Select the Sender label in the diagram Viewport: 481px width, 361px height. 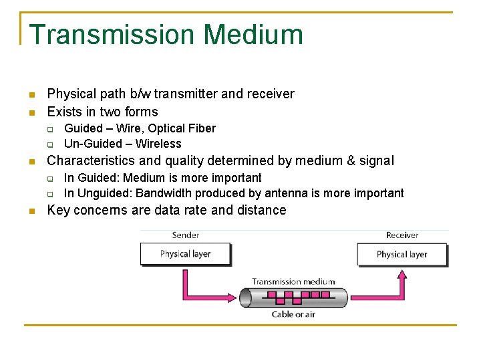(185, 235)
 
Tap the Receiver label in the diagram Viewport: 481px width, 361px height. (402, 235)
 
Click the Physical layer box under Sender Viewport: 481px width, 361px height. (185, 254)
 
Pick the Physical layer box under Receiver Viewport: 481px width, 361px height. (402, 254)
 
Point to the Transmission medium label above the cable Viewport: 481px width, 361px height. (293, 281)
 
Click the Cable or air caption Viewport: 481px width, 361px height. (293, 314)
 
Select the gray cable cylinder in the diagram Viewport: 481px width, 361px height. (294, 297)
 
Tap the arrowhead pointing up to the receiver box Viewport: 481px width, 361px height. (402, 274)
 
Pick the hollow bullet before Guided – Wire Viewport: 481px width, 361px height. (49, 129)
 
